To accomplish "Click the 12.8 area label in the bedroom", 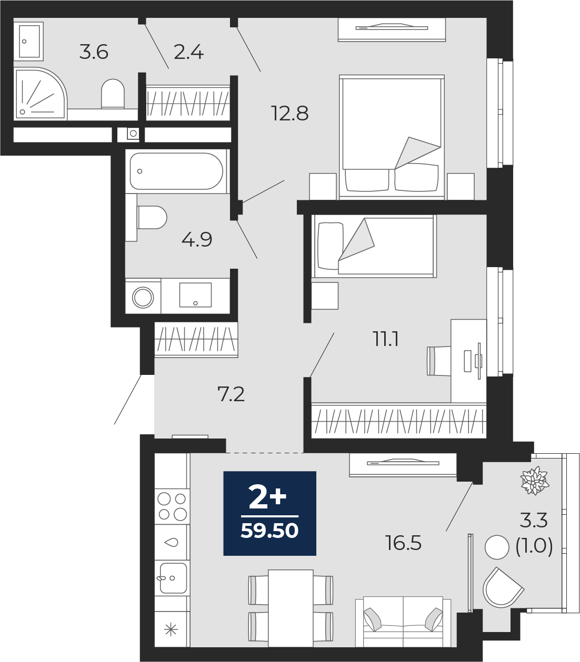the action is pyautogui.click(x=290, y=114).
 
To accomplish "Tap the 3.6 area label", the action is pyautogui.click(x=94, y=52).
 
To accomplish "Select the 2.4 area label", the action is pyautogui.click(x=188, y=52).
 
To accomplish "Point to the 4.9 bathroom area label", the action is pyautogui.click(x=196, y=240).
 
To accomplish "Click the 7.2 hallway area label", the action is pyautogui.click(x=231, y=394).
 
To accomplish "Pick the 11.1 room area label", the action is pyautogui.click(x=386, y=339).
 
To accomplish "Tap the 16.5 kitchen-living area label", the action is pyautogui.click(x=403, y=543).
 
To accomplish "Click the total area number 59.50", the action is pyautogui.click(x=269, y=531).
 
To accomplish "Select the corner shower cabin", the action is pyautogui.click(x=40, y=94).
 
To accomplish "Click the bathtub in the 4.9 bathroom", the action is pyautogui.click(x=176, y=171).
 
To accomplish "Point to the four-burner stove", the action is pyautogui.click(x=172, y=506).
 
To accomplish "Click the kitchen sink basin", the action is pyautogui.click(x=173, y=578).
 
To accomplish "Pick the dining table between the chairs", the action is pyautogui.click(x=291, y=608).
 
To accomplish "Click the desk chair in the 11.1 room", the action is pyautogui.click(x=439, y=361).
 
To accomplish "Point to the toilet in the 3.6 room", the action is pyautogui.click(x=113, y=94).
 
